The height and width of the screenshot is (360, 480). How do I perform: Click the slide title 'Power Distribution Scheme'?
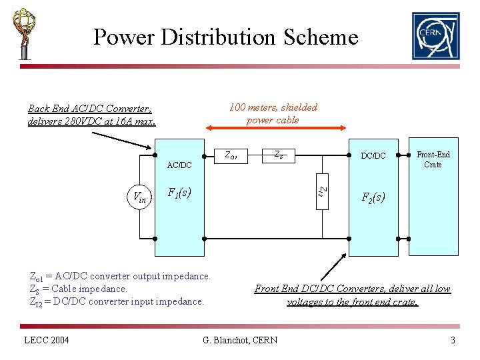[225, 37]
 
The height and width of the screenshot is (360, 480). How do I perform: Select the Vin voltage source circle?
[140, 197]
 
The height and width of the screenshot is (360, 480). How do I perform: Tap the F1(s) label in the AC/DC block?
[179, 193]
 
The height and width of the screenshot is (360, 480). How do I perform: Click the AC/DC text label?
[179, 165]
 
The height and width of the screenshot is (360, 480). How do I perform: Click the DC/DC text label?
[373, 156]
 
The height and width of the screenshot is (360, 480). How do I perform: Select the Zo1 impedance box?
[233, 156]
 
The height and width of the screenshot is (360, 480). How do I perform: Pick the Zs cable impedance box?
[279, 155]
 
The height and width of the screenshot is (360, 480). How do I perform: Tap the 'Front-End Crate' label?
[433, 159]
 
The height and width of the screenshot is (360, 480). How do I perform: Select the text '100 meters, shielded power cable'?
[273, 113]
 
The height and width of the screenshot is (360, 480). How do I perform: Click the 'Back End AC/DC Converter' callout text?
[92, 115]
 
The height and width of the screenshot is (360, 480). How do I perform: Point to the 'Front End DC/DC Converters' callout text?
[353, 295]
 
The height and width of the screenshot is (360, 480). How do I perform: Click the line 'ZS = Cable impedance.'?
[79, 289]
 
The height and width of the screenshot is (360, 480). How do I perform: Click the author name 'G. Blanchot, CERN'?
[240, 341]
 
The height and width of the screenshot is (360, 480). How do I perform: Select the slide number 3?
[453, 341]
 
